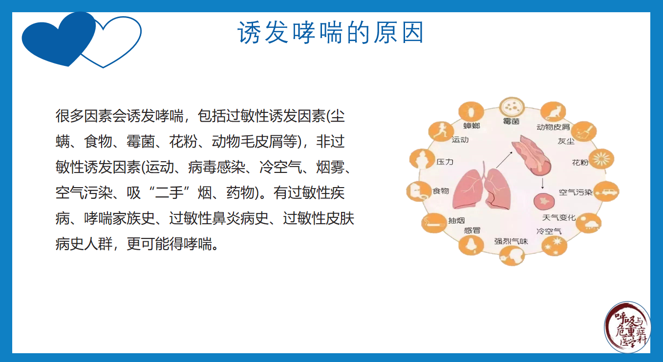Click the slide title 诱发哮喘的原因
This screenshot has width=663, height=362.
(330, 32)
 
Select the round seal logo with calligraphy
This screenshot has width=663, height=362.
(627, 327)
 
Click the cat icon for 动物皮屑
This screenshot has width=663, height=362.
(553, 112)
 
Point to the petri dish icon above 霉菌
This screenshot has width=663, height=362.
(512, 107)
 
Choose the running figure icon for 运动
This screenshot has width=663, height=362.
(441, 131)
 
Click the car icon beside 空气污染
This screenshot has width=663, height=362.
(606, 191)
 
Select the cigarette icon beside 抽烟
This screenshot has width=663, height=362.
(434, 223)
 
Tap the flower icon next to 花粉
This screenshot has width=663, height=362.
(601, 159)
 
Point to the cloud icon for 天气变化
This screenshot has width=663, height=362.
(589, 223)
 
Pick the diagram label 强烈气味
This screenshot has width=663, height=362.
(511, 241)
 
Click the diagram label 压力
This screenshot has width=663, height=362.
(445, 162)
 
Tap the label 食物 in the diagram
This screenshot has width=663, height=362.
(441, 191)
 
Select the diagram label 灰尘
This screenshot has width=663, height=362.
(566, 141)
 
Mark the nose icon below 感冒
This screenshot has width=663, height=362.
(471, 245)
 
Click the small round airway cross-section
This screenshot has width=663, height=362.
(544, 202)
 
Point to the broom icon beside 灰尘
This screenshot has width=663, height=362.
(584, 131)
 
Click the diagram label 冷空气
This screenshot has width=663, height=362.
(549, 231)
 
